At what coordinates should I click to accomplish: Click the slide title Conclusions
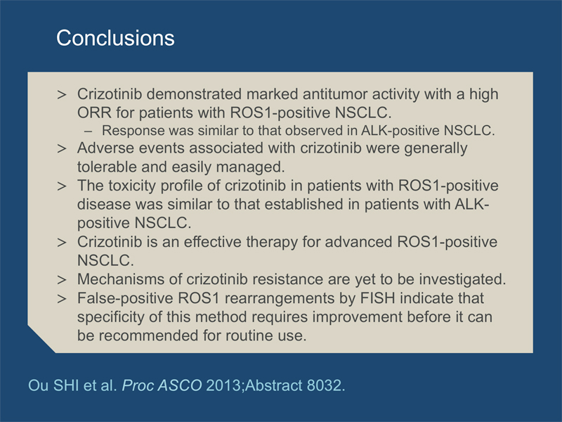[x=115, y=38]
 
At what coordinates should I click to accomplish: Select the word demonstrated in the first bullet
[x=195, y=94]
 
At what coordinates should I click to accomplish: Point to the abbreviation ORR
[x=94, y=113]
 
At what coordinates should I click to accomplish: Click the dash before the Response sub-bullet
[x=88, y=131]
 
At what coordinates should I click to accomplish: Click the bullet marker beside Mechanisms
[x=62, y=279]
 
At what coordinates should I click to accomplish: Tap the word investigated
[x=462, y=279]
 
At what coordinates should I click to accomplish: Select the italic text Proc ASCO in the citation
[x=162, y=385]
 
